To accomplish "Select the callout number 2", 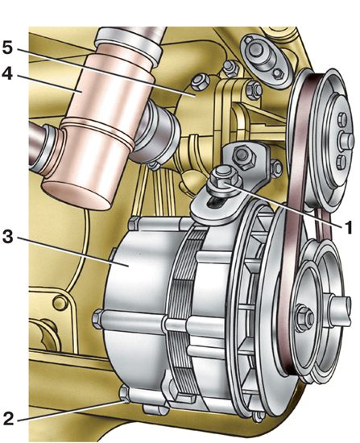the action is pos(8,419).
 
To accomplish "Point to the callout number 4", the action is pos(7,73).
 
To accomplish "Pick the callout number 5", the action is pos(7,48).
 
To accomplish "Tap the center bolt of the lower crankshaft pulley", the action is pos(305,317).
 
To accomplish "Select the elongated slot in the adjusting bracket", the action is pos(217,201).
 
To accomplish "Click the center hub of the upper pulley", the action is pos(346,140).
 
